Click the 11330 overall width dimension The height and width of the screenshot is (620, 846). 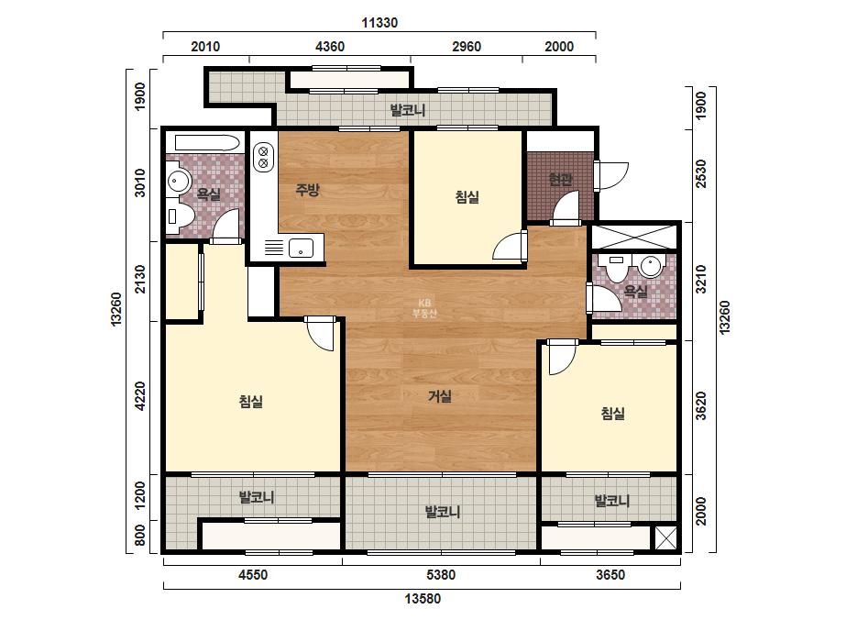[379, 23]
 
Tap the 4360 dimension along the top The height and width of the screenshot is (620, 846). [330, 47]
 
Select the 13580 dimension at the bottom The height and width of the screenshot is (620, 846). [423, 598]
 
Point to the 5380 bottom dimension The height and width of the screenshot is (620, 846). [441, 575]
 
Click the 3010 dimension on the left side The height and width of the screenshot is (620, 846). [140, 183]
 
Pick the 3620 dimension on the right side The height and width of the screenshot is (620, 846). [700, 406]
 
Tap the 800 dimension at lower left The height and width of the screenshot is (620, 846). [140, 536]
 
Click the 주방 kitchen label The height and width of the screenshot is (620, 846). [308, 190]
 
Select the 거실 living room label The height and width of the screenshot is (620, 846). [440, 396]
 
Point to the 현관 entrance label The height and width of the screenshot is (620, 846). [561, 179]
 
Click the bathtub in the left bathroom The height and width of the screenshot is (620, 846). [207, 143]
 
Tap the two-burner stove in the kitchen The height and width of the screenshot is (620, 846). [263, 156]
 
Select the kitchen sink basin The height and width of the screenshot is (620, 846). [301, 249]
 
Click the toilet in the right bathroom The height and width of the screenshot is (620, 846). [616, 268]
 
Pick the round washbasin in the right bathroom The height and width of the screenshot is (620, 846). [650, 267]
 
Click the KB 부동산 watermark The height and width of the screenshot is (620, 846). [424, 308]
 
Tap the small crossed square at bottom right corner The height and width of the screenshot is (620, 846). [665, 537]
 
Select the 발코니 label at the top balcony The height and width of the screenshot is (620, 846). [408, 110]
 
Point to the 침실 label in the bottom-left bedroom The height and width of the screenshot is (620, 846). [251, 402]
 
